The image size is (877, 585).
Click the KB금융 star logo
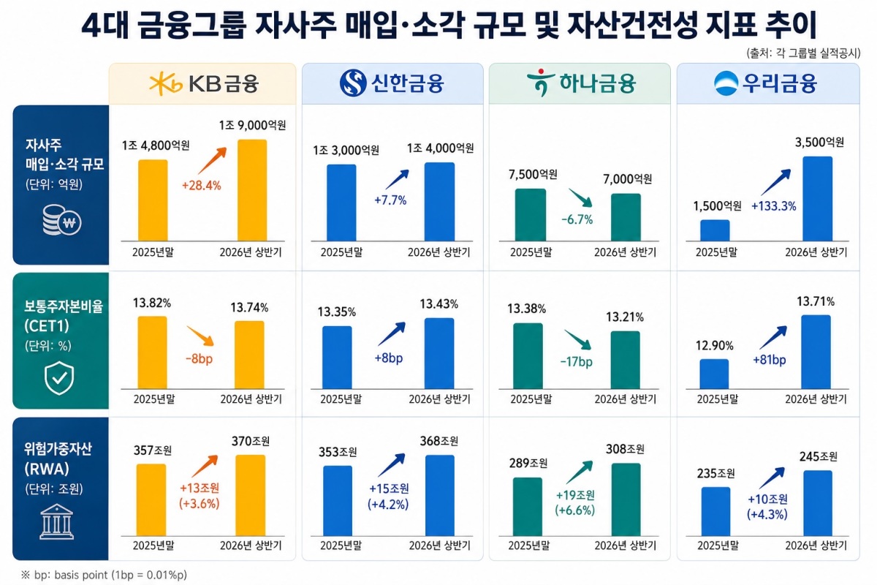tap(166, 83)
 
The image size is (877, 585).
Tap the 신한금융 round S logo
tap(353, 83)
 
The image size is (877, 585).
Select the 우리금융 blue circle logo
tap(726, 83)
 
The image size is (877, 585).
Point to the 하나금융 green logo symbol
tap(541, 83)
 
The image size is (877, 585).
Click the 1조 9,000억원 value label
tap(252, 125)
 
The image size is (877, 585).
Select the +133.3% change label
tap(774, 206)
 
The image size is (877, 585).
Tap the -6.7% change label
tap(577, 219)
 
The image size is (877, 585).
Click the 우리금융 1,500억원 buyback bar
tap(715, 230)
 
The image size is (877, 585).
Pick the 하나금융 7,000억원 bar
tap(626, 217)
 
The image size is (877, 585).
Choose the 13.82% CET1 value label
tap(151, 303)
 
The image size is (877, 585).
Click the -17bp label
tap(577, 361)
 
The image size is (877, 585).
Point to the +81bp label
tap(770, 360)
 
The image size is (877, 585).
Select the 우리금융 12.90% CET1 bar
tap(714, 374)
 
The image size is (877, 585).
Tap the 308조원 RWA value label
tap(626, 449)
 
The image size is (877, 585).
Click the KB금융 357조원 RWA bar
tap(151, 500)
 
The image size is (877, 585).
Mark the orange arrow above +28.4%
tap(212, 161)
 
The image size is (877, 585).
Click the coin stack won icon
tap(61, 220)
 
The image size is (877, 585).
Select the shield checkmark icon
tap(59, 378)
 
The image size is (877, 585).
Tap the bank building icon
tap(57, 521)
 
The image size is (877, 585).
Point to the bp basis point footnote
tap(104, 575)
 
